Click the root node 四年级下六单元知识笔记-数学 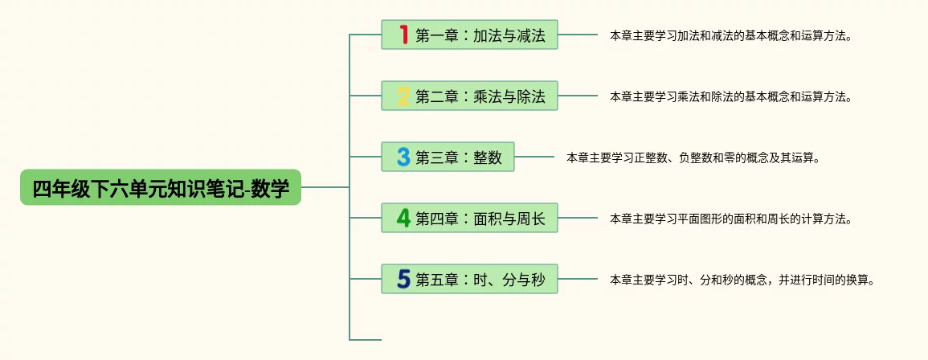pyautogui.click(x=161, y=187)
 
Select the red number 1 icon pyautogui.click(x=403, y=35)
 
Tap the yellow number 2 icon pyautogui.click(x=403, y=96)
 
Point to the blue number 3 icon pyautogui.click(x=403, y=157)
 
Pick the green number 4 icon pyautogui.click(x=403, y=218)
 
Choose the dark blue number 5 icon pyautogui.click(x=403, y=279)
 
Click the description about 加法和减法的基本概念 pyautogui.click(x=730, y=36)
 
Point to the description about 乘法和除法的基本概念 pyautogui.click(x=730, y=97)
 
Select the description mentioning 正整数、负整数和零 pyautogui.click(x=693, y=158)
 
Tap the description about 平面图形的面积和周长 pyautogui.click(x=730, y=219)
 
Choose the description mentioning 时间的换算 pyautogui.click(x=741, y=280)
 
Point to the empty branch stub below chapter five pyautogui.click(x=366, y=340)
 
